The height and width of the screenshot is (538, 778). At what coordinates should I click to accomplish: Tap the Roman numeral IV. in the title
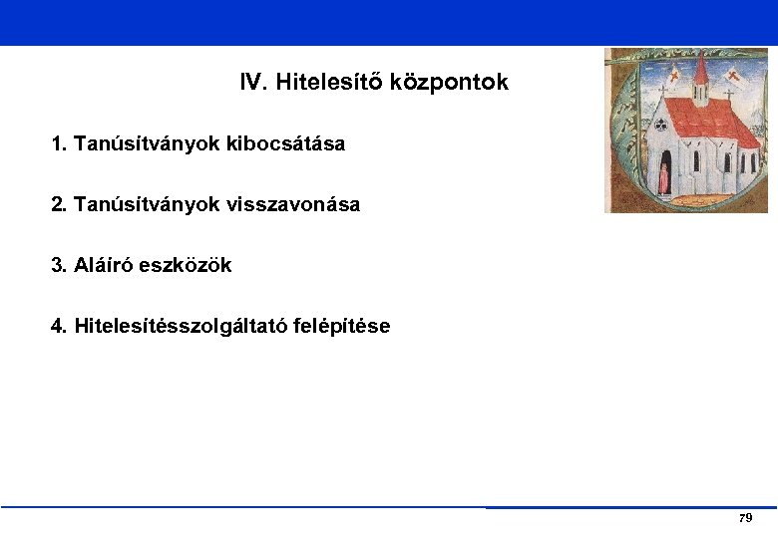click(252, 83)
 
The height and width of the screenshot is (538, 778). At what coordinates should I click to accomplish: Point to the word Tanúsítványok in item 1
click(146, 144)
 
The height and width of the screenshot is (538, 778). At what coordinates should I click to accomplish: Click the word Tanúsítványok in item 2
click(146, 205)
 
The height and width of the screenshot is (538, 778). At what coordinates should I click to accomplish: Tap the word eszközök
click(186, 265)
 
